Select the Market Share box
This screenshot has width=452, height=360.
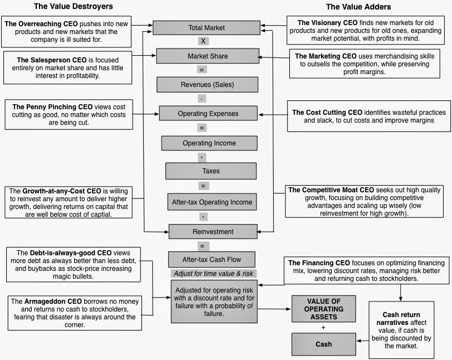(207, 56)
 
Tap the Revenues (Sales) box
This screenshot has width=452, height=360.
(207, 85)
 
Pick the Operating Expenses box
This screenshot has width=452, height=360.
(207, 114)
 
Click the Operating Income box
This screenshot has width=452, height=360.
(209, 143)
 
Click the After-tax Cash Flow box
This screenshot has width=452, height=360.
(211, 259)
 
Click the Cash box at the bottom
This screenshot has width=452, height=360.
(323, 344)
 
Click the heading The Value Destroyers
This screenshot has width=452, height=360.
(73, 7)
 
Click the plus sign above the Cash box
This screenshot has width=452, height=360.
(323, 327)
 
